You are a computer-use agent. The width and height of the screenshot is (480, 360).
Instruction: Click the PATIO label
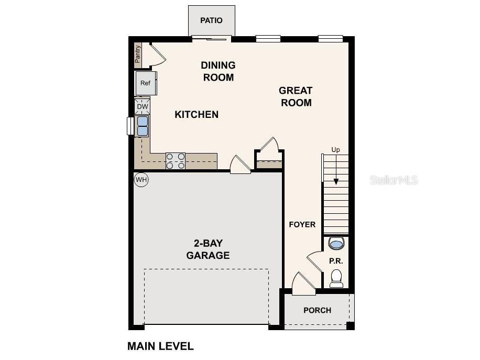click(x=211, y=20)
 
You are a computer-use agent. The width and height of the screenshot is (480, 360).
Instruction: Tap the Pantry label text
click(x=138, y=54)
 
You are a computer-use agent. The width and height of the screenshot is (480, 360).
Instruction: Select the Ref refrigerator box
click(x=145, y=83)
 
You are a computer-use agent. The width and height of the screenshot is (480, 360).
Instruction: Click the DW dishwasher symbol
click(x=143, y=106)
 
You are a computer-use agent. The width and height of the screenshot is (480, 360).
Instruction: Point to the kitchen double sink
click(x=143, y=126)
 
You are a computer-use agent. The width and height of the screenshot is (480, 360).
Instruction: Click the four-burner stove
click(x=176, y=161)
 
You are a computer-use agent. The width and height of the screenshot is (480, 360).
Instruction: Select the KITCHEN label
click(x=197, y=114)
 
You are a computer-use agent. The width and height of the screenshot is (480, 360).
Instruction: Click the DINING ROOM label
click(x=218, y=71)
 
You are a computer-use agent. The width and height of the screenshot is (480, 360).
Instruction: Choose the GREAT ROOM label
click(x=296, y=96)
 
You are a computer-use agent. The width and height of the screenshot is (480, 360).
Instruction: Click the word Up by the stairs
click(x=335, y=150)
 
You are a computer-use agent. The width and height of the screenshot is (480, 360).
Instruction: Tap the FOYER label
click(x=302, y=224)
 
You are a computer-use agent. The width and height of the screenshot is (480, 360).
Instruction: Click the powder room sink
click(x=336, y=244)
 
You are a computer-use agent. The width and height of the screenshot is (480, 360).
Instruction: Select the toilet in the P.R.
click(x=336, y=278)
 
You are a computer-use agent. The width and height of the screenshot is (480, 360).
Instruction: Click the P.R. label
click(x=335, y=260)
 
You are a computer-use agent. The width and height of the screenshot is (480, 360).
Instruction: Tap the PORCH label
click(x=317, y=310)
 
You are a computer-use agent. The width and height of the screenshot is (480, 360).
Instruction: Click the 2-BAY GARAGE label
click(x=209, y=249)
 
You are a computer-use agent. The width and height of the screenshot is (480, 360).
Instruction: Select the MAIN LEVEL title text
click(x=160, y=346)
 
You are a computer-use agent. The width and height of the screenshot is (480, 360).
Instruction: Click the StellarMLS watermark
click(x=394, y=180)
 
